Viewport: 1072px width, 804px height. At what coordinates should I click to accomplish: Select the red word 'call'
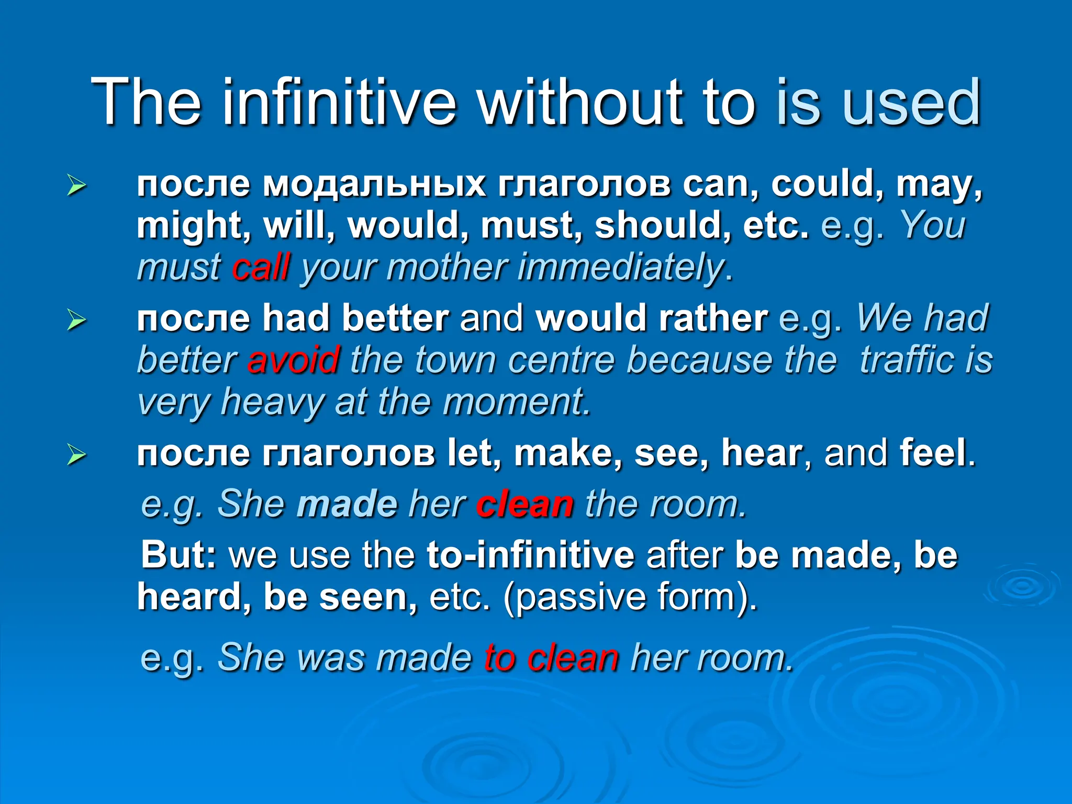coord(261,267)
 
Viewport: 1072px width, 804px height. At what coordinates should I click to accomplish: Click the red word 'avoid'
coord(293,360)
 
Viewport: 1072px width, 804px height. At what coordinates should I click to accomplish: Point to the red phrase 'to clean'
coord(551,657)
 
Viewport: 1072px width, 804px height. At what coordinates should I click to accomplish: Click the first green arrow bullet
coord(76,186)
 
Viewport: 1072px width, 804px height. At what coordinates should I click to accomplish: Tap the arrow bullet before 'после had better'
coord(76,320)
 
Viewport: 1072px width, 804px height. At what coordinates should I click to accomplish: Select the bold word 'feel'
coord(933,453)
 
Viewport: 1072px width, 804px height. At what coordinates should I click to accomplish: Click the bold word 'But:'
coord(178,555)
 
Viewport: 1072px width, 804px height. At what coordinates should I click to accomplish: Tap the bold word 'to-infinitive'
coord(530,555)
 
